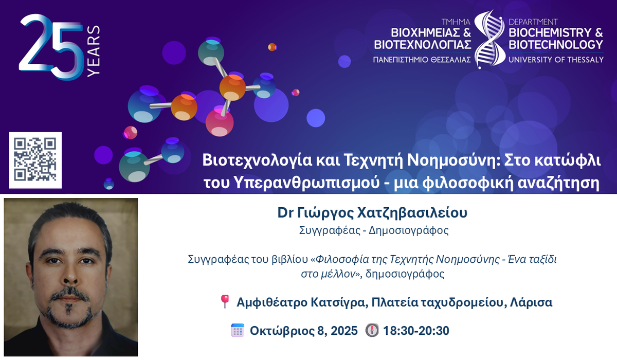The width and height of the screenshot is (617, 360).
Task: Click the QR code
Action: tap(35, 160)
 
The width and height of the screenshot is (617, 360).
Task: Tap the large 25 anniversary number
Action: tap(51, 47)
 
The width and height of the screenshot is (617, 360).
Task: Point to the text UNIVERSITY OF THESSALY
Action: tap(556, 60)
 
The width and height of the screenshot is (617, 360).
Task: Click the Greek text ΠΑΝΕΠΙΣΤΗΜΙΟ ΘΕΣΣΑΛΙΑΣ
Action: tap(422, 60)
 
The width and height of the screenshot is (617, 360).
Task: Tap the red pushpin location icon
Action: tap(225, 301)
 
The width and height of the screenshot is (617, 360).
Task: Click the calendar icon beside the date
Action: tap(238, 330)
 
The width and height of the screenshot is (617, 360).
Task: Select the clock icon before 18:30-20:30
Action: tap(372, 330)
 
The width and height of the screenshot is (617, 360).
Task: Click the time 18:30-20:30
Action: tap(416, 331)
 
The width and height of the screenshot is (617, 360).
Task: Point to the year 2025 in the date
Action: tap(344, 331)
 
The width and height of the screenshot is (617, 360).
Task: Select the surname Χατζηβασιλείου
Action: tap(412, 212)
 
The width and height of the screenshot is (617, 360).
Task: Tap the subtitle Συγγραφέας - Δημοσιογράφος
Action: tap(374, 230)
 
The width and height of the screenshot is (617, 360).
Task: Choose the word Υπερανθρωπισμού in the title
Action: tap(306, 183)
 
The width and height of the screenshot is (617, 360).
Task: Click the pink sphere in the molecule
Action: tap(220, 122)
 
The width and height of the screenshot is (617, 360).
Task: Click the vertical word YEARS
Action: tap(94, 51)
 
